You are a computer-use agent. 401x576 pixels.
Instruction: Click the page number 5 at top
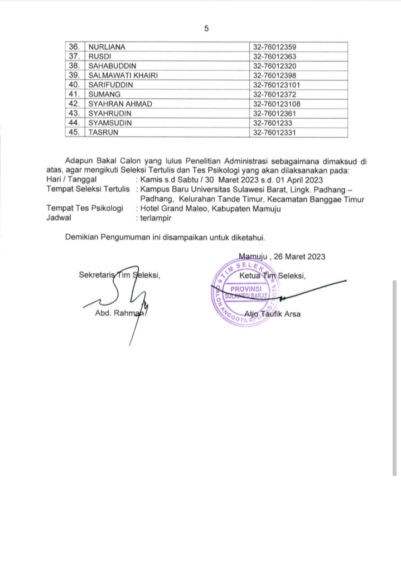coord(206,28)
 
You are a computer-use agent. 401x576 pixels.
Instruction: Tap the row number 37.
coord(74,56)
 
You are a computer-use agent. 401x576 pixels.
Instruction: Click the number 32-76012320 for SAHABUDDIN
coord(274,66)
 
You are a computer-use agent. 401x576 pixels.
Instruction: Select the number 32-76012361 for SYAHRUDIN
coord(274,113)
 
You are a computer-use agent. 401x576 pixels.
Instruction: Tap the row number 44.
coord(74,123)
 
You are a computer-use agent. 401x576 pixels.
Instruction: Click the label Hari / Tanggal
coord(71,180)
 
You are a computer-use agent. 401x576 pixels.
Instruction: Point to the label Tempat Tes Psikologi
coord(84,209)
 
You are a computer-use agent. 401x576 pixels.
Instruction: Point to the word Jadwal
coord(59,218)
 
